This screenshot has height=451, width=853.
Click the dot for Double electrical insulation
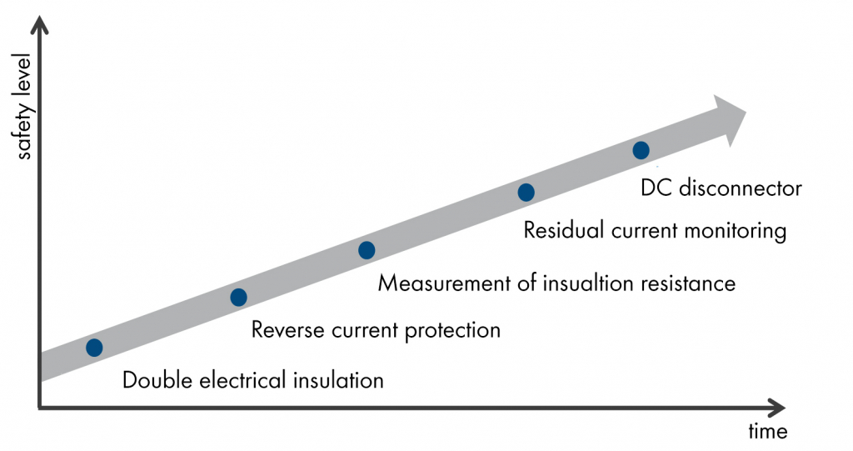[x=94, y=348]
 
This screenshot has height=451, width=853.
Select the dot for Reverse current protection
[x=238, y=298]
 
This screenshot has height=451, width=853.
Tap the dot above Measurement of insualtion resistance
[x=367, y=250]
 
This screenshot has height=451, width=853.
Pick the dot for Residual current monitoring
[x=526, y=192]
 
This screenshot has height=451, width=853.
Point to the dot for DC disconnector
[x=641, y=150]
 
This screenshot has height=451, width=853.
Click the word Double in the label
[x=157, y=380]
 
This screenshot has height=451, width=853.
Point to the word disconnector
[x=741, y=188]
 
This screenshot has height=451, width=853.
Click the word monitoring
[x=735, y=231]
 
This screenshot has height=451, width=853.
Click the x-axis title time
[x=767, y=431]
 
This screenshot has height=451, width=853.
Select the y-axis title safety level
[x=24, y=106]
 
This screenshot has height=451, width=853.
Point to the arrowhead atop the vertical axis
[x=39, y=24]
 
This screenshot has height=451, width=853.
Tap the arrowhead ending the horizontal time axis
[x=776, y=407]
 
